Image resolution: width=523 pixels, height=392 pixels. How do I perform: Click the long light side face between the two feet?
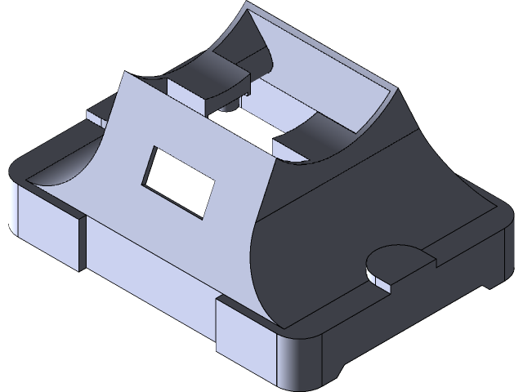[x=147, y=261]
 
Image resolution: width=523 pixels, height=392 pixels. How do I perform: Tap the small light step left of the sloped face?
[x=96, y=115]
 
